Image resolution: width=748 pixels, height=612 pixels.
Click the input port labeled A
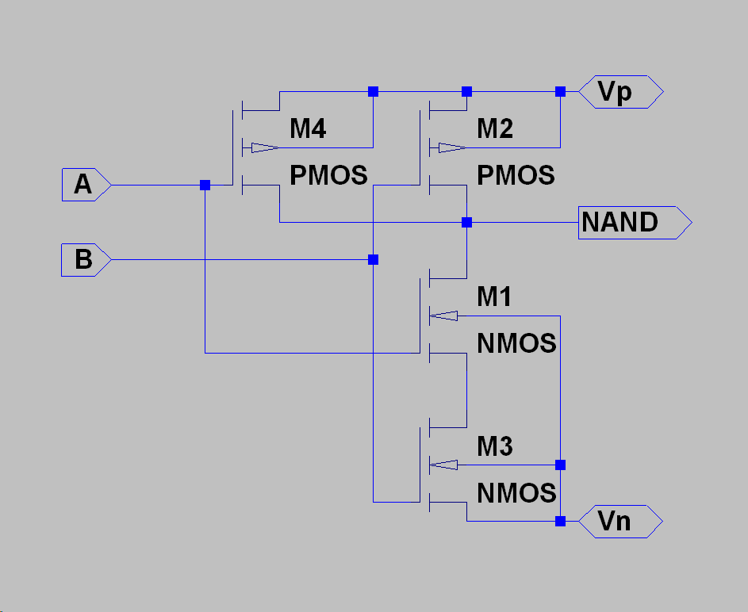click(x=86, y=185)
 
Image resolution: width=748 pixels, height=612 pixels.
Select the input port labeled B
click(x=86, y=260)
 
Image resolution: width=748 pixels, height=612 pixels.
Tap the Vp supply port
click(x=620, y=91)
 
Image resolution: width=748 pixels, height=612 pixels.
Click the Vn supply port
click(x=620, y=522)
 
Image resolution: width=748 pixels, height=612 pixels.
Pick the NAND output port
click(x=635, y=223)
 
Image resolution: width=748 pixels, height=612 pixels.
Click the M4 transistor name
click(x=308, y=128)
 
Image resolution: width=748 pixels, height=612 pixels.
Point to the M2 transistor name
click(x=495, y=128)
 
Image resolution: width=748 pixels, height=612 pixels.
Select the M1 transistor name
click(x=494, y=296)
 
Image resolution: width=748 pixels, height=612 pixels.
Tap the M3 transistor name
click(x=495, y=446)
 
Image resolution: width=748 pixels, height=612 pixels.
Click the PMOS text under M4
click(x=328, y=175)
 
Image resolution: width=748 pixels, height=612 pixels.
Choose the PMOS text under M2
click(x=516, y=175)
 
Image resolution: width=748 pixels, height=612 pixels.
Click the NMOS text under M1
click(x=516, y=343)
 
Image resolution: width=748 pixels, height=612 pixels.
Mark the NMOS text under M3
click(x=516, y=493)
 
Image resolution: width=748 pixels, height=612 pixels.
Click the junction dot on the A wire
click(x=205, y=185)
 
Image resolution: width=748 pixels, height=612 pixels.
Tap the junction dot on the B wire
click(x=373, y=260)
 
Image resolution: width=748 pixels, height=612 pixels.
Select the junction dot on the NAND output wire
click(x=466, y=223)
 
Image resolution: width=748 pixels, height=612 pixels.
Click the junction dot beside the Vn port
click(x=560, y=522)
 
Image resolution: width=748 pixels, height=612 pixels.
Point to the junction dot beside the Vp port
click(x=560, y=91)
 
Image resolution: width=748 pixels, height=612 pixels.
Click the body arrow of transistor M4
click(x=265, y=147)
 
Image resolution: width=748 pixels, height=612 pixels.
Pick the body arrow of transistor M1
click(x=443, y=316)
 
